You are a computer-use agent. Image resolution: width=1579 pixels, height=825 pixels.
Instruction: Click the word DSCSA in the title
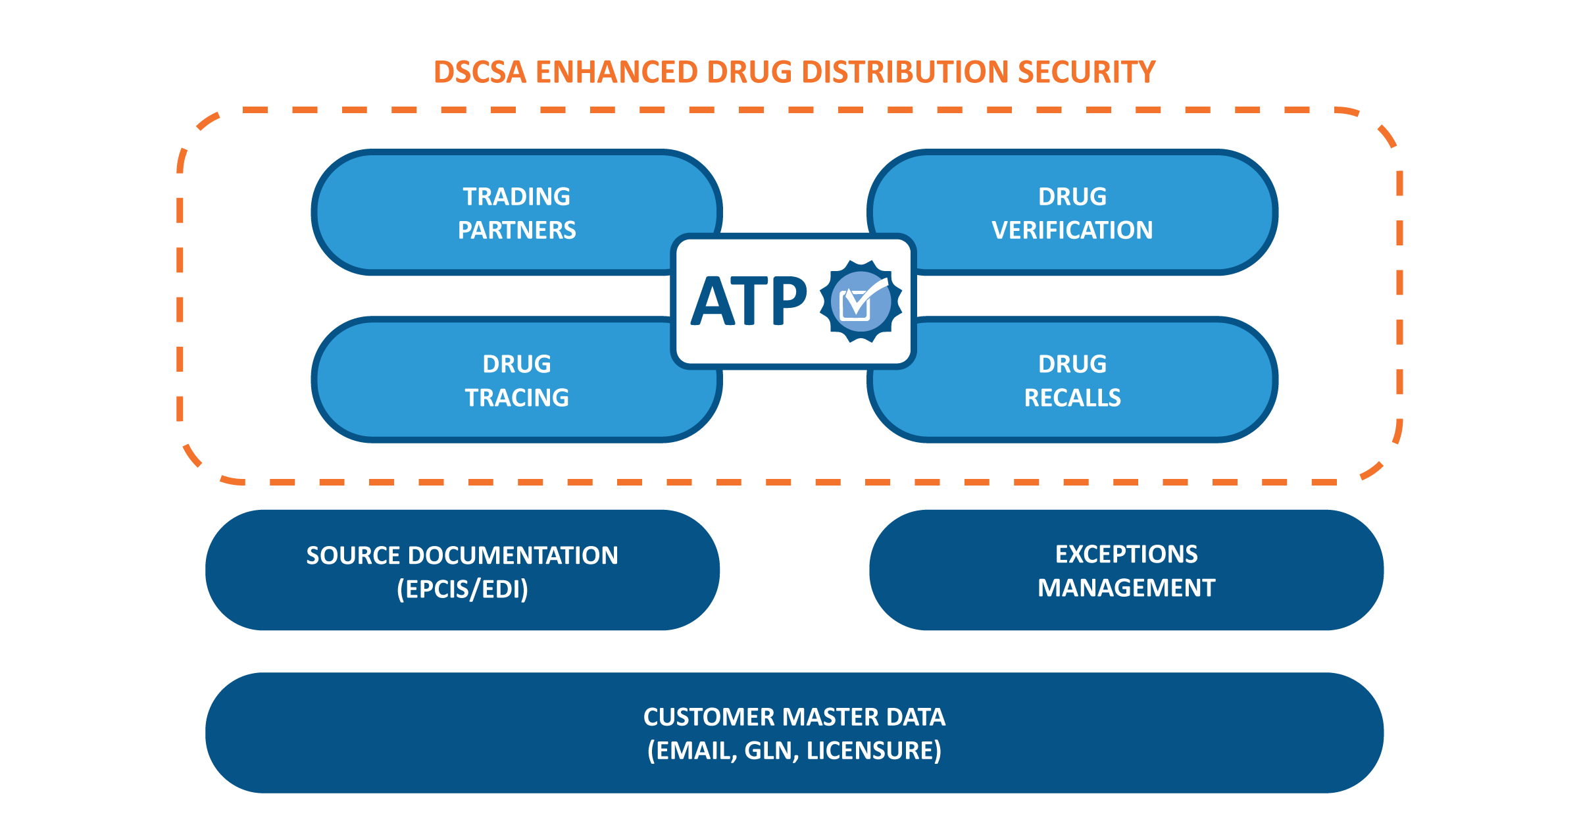tap(480, 72)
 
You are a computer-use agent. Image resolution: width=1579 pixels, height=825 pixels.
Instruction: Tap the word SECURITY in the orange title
tap(1086, 72)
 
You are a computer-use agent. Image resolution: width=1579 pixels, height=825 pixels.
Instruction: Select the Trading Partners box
tap(487, 213)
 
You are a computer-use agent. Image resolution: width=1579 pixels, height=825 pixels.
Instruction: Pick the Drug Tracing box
tap(487, 381)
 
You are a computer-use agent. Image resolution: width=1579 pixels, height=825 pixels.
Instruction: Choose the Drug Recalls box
tap(1092, 381)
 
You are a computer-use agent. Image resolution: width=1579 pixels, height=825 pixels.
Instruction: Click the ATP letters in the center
tap(748, 301)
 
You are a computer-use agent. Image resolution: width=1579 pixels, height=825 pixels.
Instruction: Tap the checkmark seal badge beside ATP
tap(861, 301)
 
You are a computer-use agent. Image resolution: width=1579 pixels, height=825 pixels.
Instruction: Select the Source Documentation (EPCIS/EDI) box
tap(462, 570)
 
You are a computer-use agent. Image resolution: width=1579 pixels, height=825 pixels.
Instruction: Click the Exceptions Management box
tap(1126, 570)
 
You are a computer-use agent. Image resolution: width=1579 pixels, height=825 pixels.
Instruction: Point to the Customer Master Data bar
tap(794, 733)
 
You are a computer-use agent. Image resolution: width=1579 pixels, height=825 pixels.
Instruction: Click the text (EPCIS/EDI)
tap(462, 589)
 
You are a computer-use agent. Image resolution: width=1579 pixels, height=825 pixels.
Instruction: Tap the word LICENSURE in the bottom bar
tap(874, 751)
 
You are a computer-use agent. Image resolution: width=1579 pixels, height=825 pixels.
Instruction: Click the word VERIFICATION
tap(1072, 230)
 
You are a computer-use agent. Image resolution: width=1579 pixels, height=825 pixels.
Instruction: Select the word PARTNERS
tap(516, 230)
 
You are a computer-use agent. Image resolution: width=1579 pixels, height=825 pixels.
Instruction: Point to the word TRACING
tap(516, 398)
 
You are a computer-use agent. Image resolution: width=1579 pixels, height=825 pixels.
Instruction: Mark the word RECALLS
tap(1072, 398)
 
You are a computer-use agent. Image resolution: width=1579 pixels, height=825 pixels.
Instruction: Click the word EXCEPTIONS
tap(1126, 554)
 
